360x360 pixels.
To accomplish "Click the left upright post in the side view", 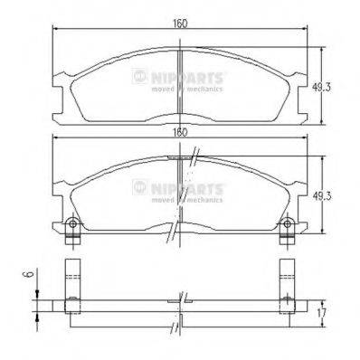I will [72, 280].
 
